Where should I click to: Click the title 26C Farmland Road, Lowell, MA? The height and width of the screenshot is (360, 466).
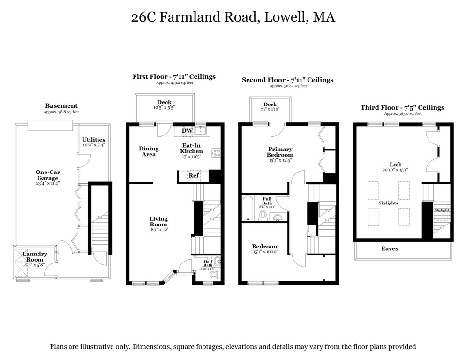(x=233, y=17)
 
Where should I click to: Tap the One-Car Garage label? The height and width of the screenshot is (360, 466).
(x=47, y=175)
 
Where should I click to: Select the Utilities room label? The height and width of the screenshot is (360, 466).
(x=94, y=140)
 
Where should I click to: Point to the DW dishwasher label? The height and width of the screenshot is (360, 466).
(x=187, y=131)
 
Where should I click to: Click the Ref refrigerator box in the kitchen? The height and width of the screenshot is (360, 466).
(x=193, y=176)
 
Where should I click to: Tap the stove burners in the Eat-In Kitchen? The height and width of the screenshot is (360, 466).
(x=216, y=152)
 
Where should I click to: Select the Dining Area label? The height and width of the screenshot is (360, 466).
(x=149, y=151)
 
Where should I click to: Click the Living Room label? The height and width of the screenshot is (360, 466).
(x=158, y=221)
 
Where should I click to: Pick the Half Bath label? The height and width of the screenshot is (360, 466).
(x=208, y=265)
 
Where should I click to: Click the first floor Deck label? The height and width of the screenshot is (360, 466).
(x=164, y=102)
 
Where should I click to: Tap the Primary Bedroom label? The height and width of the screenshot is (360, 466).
(x=280, y=151)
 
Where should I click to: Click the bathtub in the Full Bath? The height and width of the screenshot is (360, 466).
(x=248, y=209)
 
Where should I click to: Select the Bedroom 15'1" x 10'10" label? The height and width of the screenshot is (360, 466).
(x=265, y=247)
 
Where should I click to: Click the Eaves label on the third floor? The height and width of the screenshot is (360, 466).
(x=390, y=248)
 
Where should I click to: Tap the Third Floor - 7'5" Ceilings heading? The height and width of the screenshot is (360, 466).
(x=402, y=107)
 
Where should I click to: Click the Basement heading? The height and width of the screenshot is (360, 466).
(x=61, y=106)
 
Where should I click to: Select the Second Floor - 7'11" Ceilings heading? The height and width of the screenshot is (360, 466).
(x=287, y=80)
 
